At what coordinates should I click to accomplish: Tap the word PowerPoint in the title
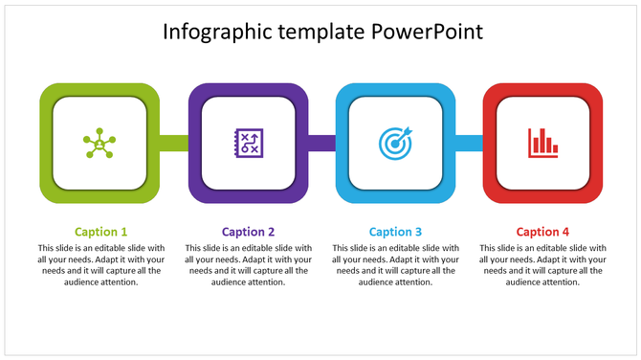428,33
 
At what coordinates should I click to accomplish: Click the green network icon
99,144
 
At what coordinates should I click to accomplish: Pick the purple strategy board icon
248,144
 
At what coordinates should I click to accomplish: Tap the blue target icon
395,144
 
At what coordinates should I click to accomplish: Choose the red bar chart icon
542,144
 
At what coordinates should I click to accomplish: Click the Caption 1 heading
100,232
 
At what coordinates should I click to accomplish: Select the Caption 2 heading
248,232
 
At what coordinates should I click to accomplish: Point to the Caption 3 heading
395,232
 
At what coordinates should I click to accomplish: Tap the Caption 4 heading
542,232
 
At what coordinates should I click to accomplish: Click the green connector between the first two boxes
174,144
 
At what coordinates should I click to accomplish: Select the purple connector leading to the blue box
321,144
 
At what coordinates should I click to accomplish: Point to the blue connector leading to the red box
469,144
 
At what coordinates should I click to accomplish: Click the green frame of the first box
45,144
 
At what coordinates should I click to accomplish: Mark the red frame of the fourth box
597,144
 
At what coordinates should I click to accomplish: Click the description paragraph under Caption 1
100,264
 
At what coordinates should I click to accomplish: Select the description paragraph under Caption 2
248,264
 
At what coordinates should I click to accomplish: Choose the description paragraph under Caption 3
395,264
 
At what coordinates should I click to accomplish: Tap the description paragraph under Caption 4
542,264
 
